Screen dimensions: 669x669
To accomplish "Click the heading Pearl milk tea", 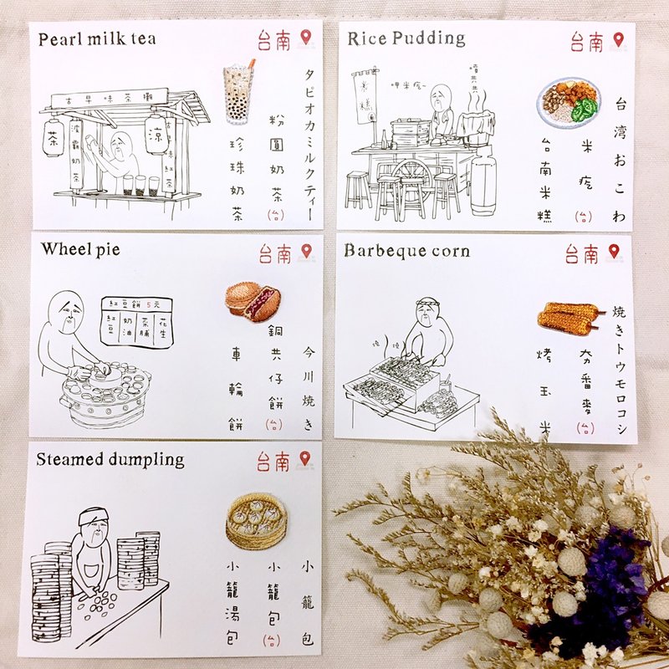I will pyautogui.click(x=97, y=38).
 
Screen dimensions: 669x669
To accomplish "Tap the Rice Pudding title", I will pyautogui.click(x=406, y=38).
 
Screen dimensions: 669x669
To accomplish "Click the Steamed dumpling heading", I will pyautogui.click(x=110, y=460).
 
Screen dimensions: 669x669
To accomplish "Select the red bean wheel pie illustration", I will pyautogui.click(x=252, y=300).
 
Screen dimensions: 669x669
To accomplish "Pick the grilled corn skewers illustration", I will pyautogui.click(x=569, y=317).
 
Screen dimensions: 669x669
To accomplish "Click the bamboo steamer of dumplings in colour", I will pyautogui.click(x=257, y=519).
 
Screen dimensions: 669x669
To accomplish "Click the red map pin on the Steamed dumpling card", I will pyautogui.click(x=305, y=459).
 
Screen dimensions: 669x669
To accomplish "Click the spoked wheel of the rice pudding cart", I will pyautogui.click(x=410, y=176).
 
